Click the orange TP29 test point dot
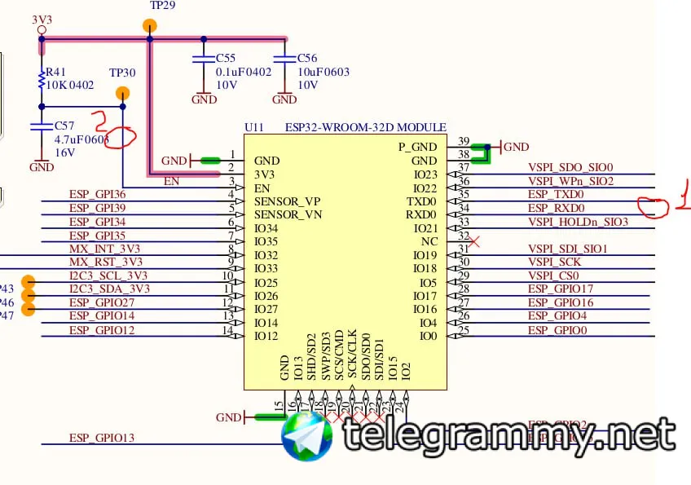tap(149, 26)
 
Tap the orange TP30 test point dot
tap(122, 95)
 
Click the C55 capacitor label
tap(225, 59)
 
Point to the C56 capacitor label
tap(307, 59)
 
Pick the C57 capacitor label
tap(64, 126)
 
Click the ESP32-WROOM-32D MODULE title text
tap(366, 127)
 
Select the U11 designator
tap(254, 127)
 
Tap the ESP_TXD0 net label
tap(556, 194)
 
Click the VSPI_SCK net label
tap(555, 262)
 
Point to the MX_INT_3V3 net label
tap(104, 248)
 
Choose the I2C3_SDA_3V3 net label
tap(109, 289)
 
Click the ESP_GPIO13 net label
tap(102, 438)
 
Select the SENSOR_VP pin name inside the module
tap(288, 201)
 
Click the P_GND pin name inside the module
tap(417, 147)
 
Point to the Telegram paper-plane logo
tap(307, 436)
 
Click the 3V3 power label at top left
tap(42, 18)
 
